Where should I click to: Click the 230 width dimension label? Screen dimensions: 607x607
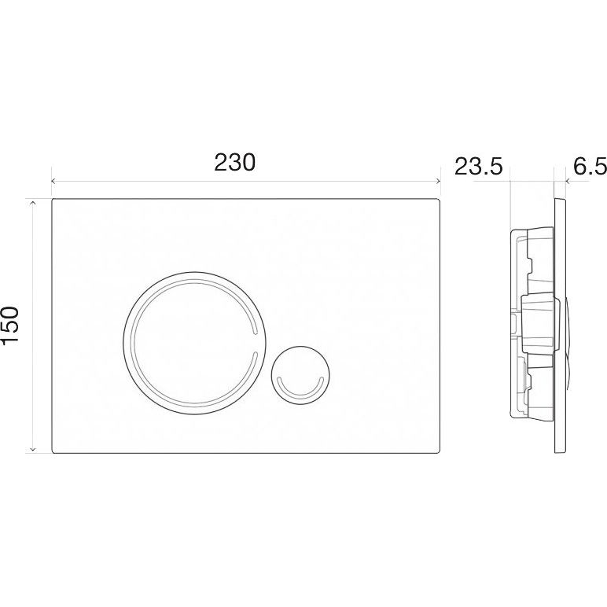coord(235,163)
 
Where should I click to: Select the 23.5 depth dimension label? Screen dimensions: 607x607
coord(479,167)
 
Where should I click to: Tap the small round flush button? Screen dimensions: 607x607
coord(301,375)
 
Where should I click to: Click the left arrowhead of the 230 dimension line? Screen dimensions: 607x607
coord(53,181)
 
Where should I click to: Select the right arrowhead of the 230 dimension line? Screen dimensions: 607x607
coord(438,181)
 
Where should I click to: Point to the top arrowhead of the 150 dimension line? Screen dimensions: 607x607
coord(33,202)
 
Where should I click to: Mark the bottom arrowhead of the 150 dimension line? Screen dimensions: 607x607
coord(33,450)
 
